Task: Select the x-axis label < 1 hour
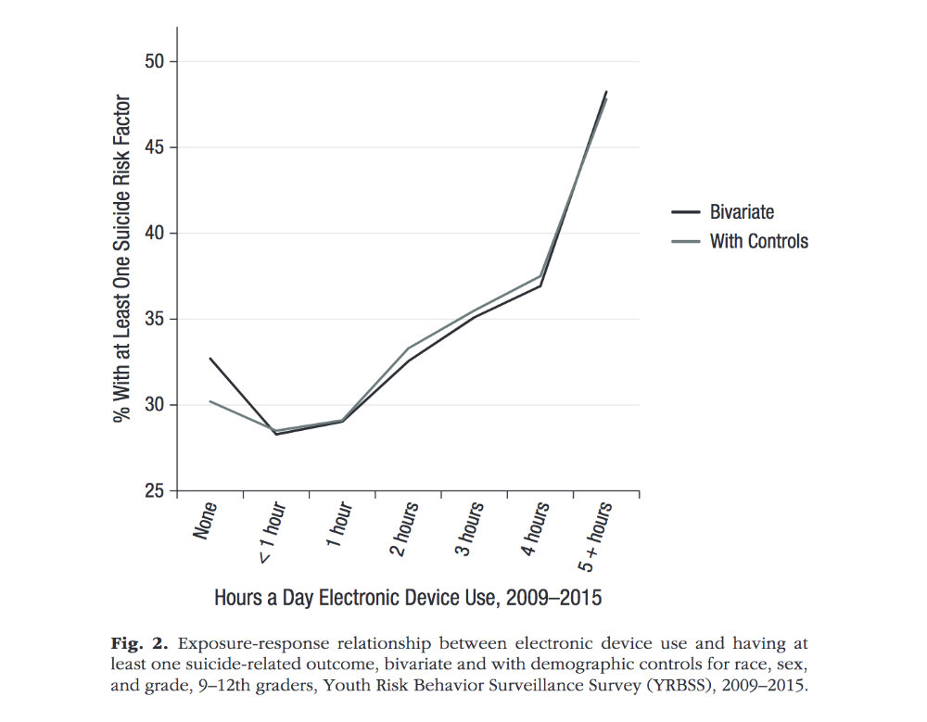pyautogui.click(x=271, y=532)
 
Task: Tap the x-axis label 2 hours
pyautogui.click(x=405, y=528)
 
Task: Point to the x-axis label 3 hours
pyautogui.click(x=470, y=528)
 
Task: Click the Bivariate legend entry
pyautogui.click(x=742, y=212)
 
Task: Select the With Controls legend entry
pyautogui.click(x=758, y=242)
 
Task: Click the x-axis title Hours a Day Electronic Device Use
pyautogui.click(x=408, y=598)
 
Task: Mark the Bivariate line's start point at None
pyautogui.click(x=210, y=358)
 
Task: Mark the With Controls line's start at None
pyautogui.click(x=210, y=401)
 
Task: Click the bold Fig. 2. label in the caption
pyautogui.click(x=140, y=643)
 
